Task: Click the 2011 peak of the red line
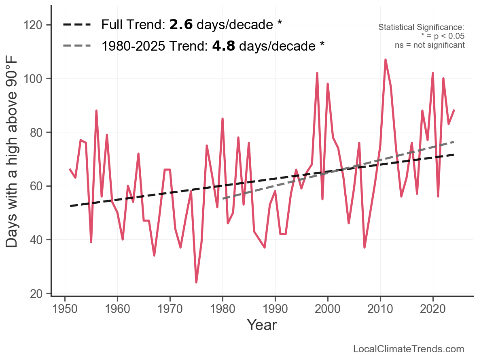tap(386, 60)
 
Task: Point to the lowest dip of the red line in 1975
tap(196, 282)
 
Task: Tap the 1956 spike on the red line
tap(96, 111)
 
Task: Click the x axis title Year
tap(262, 325)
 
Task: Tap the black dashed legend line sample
tap(77, 25)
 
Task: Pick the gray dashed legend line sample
tap(77, 46)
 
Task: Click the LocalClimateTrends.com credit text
tap(409, 349)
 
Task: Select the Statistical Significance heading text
tap(421, 27)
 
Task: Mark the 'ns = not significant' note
tap(430, 45)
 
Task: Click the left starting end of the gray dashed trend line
tap(223, 199)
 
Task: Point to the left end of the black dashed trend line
tap(70, 206)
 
